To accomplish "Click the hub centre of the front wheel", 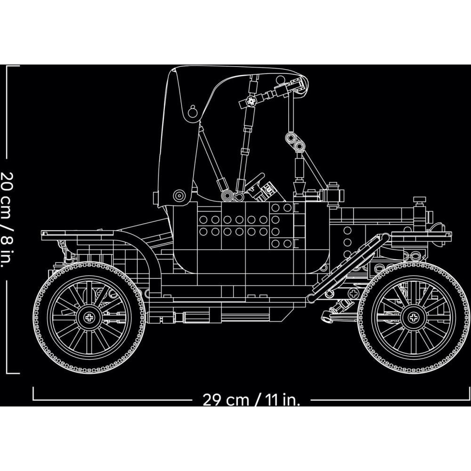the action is pyautogui.click(x=414, y=318).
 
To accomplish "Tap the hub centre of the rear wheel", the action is pyautogui.click(x=89, y=317).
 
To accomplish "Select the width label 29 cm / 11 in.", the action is pyautogui.click(x=252, y=400).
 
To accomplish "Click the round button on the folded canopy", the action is pyautogui.click(x=193, y=112).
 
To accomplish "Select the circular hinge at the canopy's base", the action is pyautogui.click(x=179, y=196).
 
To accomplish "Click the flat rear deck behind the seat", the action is pyautogui.click(x=78, y=233).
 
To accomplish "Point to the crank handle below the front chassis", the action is pyautogui.click(x=336, y=310).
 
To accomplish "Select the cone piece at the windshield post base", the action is pyautogui.click(x=299, y=188).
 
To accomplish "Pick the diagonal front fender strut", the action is pyautogui.click(x=349, y=268).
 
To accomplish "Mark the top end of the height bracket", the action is pyautogui.click(x=7, y=66).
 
